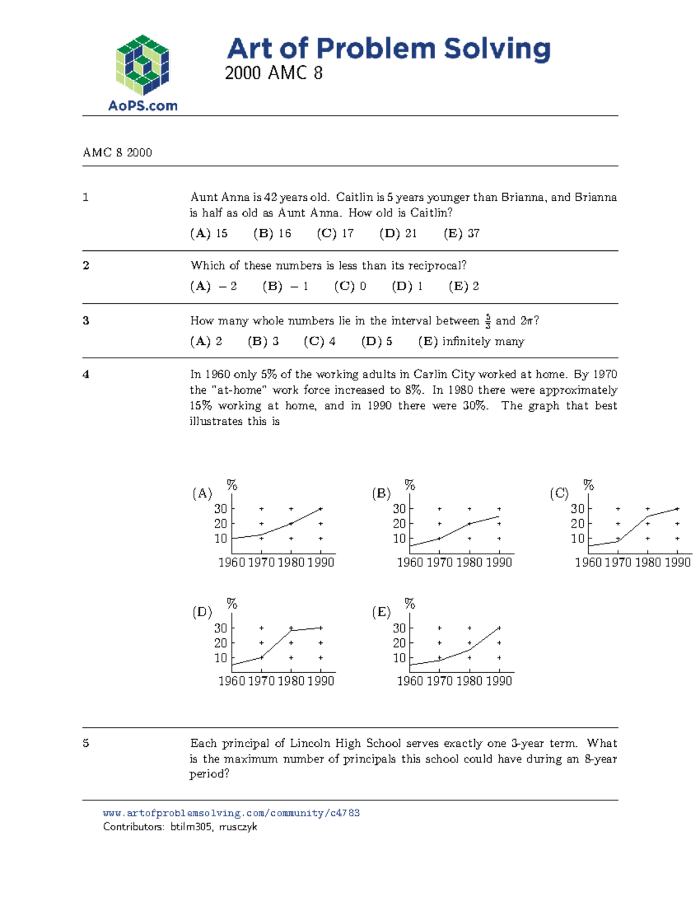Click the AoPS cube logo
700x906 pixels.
(x=142, y=65)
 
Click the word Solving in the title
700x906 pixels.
(x=497, y=49)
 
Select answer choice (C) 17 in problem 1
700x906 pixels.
(x=335, y=233)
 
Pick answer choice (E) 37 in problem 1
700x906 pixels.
(x=461, y=233)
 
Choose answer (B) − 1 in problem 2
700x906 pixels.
(x=285, y=286)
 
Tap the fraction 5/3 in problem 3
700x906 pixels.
(x=488, y=321)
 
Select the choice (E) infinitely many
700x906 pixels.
(x=471, y=341)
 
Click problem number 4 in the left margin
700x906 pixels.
(x=86, y=375)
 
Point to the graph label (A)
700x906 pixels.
(x=202, y=494)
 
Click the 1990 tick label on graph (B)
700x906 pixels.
(x=499, y=562)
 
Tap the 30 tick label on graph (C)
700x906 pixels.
(x=577, y=509)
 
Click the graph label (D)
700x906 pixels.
(x=202, y=612)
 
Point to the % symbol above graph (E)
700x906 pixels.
(x=410, y=604)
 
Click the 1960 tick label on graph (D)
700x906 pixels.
(x=232, y=681)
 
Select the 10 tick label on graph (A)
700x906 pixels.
(x=220, y=538)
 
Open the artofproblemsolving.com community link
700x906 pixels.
(x=231, y=813)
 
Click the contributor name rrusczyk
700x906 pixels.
(x=238, y=827)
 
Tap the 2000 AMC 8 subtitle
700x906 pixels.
(x=273, y=74)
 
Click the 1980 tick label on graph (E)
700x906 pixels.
(x=470, y=681)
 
